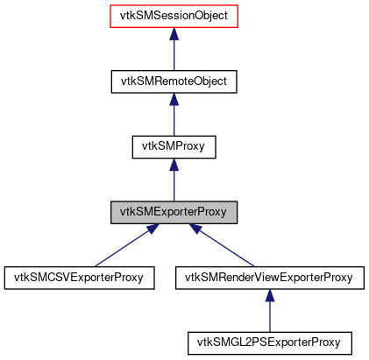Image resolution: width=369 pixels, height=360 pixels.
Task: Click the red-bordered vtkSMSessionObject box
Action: pyautogui.click(x=174, y=16)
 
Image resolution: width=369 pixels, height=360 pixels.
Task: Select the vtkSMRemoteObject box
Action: pyautogui.click(x=174, y=81)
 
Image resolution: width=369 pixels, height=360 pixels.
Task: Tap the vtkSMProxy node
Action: pyautogui.click(x=174, y=146)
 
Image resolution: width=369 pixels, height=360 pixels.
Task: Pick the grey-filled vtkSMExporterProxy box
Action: pyautogui.click(x=174, y=212)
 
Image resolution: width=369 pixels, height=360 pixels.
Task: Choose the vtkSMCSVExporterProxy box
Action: pyautogui.click(x=79, y=278)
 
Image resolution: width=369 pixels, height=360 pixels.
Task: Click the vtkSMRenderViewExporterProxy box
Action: pyautogui.click(x=269, y=278)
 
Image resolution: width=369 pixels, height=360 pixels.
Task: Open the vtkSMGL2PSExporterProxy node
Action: pyautogui.click(x=269, y=342)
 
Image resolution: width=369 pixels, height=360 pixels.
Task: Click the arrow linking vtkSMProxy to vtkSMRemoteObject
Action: pyautogui.click(x=174, y=116)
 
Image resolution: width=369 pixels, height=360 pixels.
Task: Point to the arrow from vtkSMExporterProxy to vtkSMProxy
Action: pyautogui.click(x=174, y=182)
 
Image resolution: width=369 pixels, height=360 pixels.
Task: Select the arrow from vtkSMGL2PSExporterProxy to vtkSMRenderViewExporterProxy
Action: pyautogui.click(x=269, y=313)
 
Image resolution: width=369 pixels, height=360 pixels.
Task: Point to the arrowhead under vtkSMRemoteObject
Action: pyautogui.click(x=174, y=100)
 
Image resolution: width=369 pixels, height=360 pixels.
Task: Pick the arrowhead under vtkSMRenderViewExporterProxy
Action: pyautogui.click(x=269, y=296)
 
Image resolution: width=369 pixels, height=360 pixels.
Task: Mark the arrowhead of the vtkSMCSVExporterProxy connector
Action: pyautogui.click(x=151, y=229)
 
